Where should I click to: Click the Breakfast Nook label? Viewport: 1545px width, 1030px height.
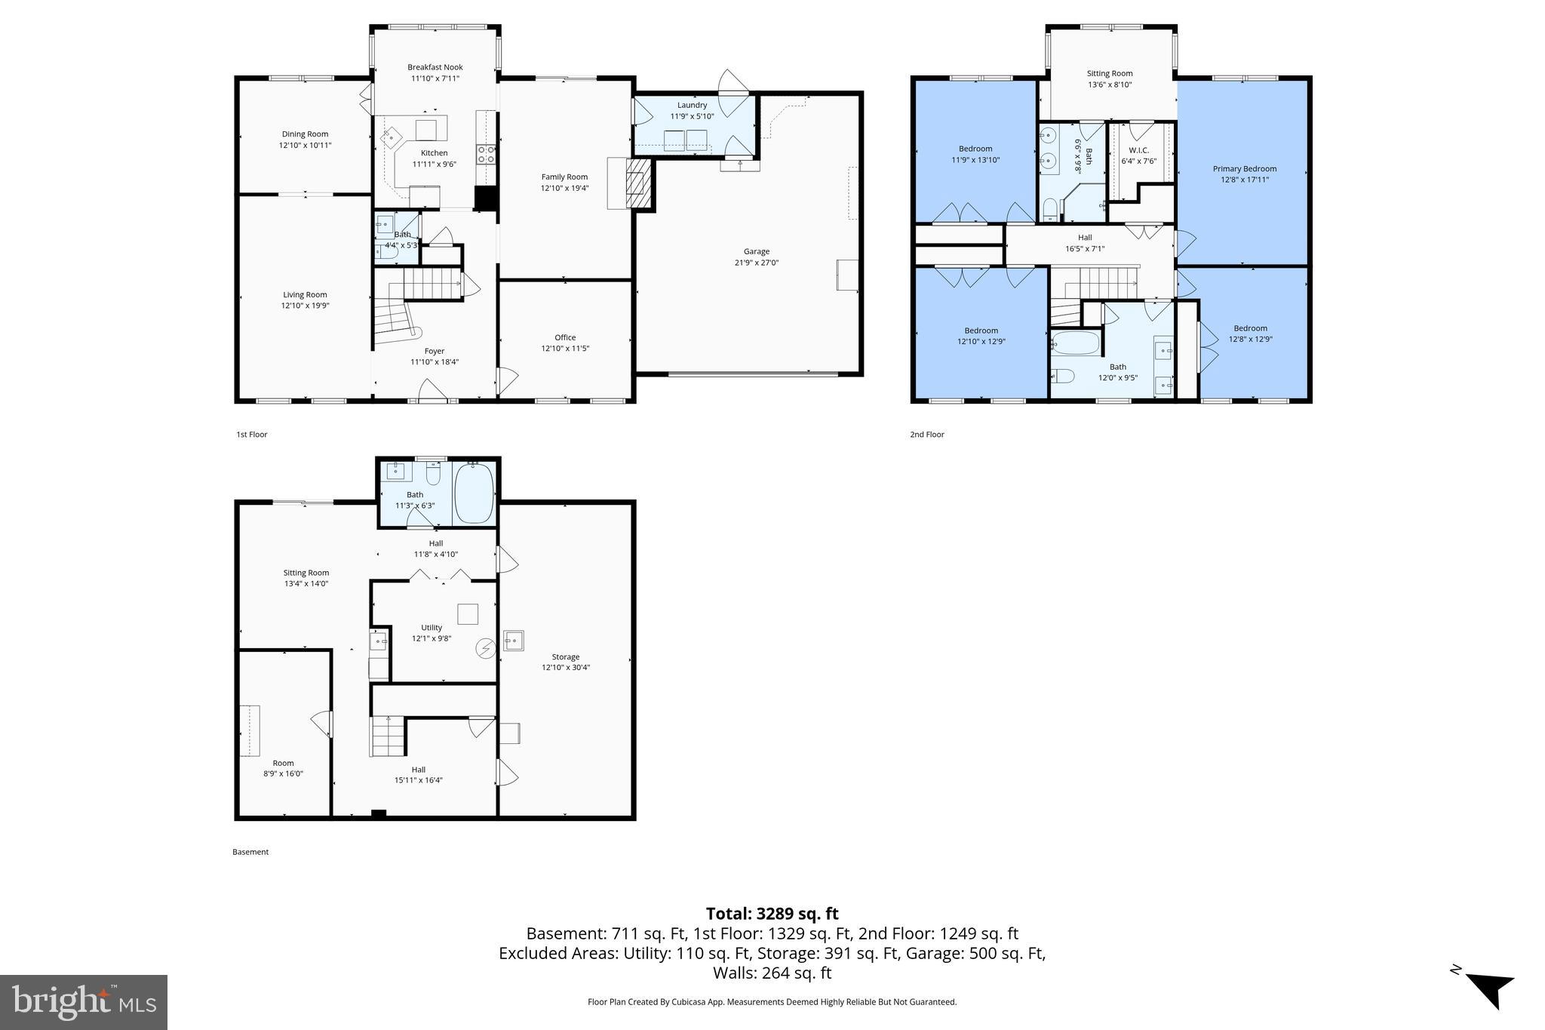435,67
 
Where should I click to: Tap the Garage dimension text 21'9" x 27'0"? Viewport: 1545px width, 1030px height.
756,263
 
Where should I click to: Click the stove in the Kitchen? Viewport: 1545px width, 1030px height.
487,154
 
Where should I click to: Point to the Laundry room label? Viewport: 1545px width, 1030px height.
692,105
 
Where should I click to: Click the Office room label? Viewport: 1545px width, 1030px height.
565,337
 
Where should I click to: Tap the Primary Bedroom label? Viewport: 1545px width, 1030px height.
1244,168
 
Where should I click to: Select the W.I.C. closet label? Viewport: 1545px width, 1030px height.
1138,150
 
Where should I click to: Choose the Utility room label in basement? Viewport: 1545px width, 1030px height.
432,627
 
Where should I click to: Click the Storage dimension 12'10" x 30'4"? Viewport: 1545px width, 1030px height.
565,667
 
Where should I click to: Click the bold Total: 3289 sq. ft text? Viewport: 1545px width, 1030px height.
772,914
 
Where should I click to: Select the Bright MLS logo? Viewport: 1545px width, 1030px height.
84,1002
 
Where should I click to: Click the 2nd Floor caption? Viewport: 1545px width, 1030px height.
926,434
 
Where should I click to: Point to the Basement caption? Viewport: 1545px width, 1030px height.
250,851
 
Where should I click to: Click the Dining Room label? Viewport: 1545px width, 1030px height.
305,134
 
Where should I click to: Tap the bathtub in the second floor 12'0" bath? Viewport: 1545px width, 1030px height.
1075,344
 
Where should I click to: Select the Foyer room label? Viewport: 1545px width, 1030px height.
434,351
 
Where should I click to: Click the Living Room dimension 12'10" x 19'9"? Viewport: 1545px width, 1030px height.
305,306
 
